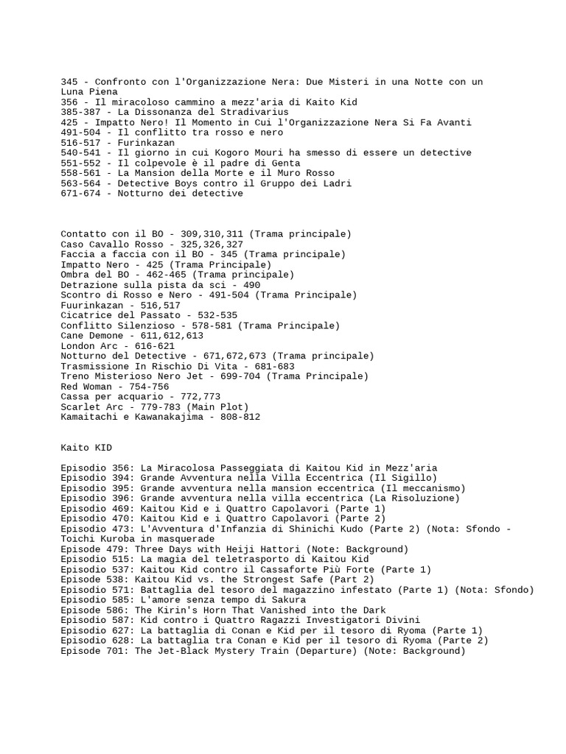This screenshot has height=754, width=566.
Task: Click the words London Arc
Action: [89, 345]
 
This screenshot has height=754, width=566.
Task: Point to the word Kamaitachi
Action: [89, 417]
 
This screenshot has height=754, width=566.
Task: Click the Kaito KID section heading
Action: [86, 447]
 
